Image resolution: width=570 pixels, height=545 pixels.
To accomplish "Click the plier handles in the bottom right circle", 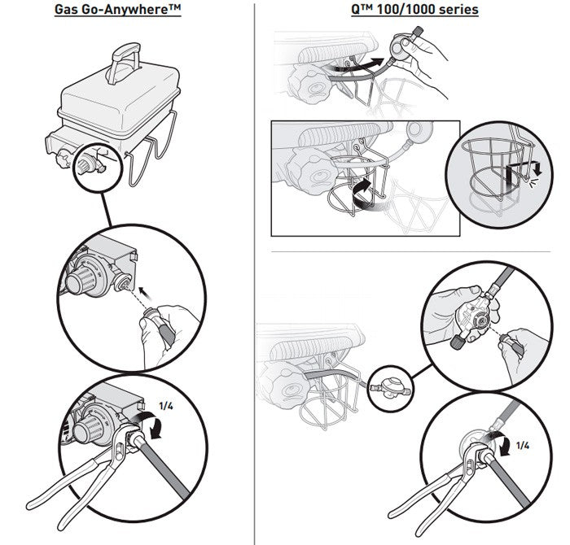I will coord(423,504).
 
